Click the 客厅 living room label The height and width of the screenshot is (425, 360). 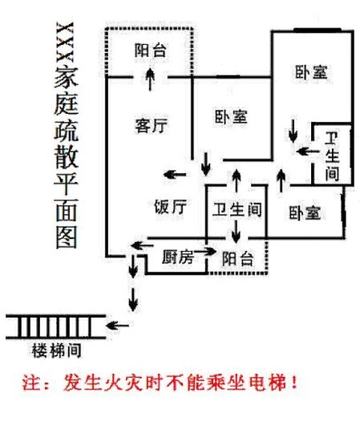(152, 125)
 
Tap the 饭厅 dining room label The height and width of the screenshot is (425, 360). (171, 207)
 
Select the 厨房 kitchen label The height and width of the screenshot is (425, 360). (177, 257)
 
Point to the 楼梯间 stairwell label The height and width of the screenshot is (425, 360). (57, 350)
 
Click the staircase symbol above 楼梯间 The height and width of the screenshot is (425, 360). (55, 327)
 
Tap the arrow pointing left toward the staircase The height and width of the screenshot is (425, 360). (117, 325)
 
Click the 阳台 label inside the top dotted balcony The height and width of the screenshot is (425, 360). (151, 51)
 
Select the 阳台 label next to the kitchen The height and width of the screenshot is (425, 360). (238, 258)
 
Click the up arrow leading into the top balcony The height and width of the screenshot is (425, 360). (150, 79)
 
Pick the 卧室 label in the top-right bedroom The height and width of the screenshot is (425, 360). (311, 72)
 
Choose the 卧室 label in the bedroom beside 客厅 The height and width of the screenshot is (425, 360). (231, 117)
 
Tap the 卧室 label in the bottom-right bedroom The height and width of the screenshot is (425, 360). (305, 212)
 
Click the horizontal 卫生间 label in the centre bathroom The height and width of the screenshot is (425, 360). (237, 209)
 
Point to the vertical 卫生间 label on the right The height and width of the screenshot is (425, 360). (332, 156)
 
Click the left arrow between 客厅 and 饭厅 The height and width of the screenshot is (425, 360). (175, 175)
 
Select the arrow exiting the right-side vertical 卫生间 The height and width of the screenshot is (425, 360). (308, 152)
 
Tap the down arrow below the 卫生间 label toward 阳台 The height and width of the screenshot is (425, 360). (236, 231)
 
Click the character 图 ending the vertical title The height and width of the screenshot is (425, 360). (67, 237)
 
